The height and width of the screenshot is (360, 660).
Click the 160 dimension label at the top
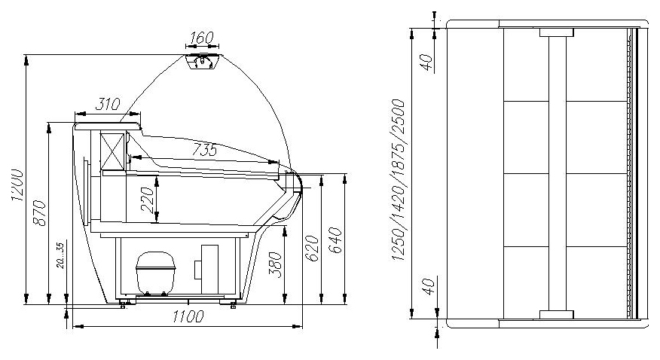[202, 38]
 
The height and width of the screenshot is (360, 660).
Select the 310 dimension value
[108, 104]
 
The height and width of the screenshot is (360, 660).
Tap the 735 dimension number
[205, 149]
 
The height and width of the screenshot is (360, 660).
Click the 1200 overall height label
[17, 185]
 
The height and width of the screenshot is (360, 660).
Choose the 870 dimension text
[39, 213]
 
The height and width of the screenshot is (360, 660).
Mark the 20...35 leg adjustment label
[60, 255]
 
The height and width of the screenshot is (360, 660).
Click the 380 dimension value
[275, 264]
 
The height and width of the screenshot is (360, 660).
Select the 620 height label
[312, 249]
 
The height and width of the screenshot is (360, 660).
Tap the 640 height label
[335, 240]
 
